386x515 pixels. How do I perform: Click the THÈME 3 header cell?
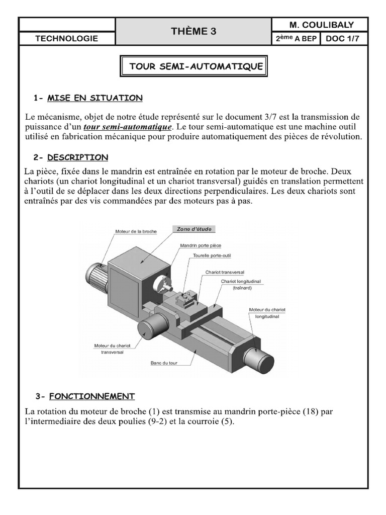[x=194, y=31]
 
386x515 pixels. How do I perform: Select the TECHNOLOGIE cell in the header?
[x=67, y=39]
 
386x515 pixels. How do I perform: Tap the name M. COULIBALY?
[x=321, y=25]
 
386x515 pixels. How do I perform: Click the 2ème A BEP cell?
[x=296, y=39]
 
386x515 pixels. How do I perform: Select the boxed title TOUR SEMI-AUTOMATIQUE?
[x=196, y=66]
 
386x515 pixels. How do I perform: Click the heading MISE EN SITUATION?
[x=94, y=98]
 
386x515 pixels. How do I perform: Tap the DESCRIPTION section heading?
[x=77, y=157]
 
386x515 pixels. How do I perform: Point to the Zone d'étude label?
[x=194, y=229]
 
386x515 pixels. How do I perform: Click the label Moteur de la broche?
[x=136, y=231]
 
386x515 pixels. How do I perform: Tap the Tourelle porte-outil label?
[x=212, y=255]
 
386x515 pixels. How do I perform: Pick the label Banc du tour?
[x=164, y=362]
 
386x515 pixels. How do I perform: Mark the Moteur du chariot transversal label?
[x=109, y=349]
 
